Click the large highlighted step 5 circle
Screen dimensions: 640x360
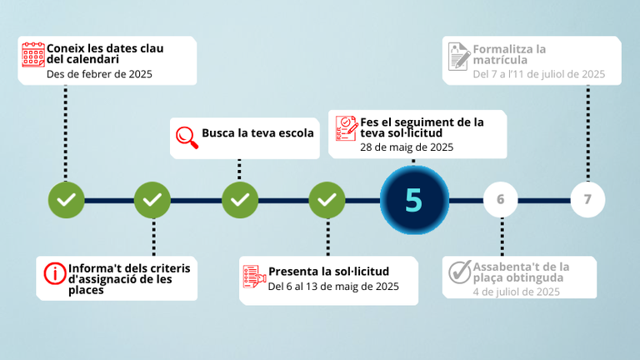click(414, 200)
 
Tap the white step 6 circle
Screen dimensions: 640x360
click(501, 200)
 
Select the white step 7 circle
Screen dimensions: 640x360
click(587, 200)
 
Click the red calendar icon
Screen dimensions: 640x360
click(33, 54)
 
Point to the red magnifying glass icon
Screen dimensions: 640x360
click(187, 137)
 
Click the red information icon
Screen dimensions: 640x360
click(55, 273)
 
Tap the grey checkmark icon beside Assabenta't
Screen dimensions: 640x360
click(460, 272)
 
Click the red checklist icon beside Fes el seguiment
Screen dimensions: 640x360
click(347, 128)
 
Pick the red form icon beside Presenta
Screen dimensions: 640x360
click(254, 277)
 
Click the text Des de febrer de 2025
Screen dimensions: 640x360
click(99, 74)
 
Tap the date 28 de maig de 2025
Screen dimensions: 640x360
click(407, 147)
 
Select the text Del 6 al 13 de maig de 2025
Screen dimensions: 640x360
click(333, 287)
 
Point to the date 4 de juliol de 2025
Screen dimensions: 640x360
click(517, 292)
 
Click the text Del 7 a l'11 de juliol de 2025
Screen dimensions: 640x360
click(539, 74)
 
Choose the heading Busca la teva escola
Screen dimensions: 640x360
click(257, 133)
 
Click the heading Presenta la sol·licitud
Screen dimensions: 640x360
click(328, 272)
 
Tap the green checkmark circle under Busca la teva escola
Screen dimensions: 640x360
click(240, 200)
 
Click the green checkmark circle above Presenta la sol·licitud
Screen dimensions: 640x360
click(327, 200)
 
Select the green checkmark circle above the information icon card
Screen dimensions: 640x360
click(152, 200)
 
